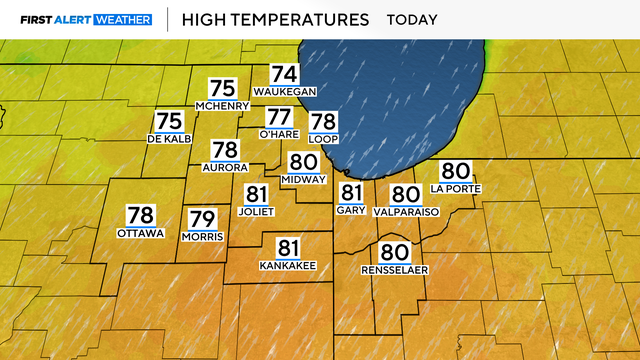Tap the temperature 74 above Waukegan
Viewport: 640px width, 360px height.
click(x=285, y=73)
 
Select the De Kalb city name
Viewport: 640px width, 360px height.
click(x=168, y=138)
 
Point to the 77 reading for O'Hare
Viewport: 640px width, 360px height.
click(x=279, y=116)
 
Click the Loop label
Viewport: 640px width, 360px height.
click(x=324, y=139)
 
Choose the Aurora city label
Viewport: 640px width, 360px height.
click(x=224, y=167)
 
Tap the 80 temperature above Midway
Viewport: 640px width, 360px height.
click(x=304, y=162)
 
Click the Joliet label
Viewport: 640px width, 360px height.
click(x=257, y=212)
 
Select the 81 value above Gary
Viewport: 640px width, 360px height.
click(x=352, y=192)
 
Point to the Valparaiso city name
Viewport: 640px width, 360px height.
click(x=405, y=213)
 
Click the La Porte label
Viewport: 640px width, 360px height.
click(x=455, y=188)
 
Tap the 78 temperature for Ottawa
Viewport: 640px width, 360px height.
click(x=140, y=214)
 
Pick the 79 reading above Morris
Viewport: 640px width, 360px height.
click(x=203, y=218)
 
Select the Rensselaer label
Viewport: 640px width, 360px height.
click(x=395, y=270)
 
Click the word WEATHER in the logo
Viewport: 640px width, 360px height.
click(x=123, y=19)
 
